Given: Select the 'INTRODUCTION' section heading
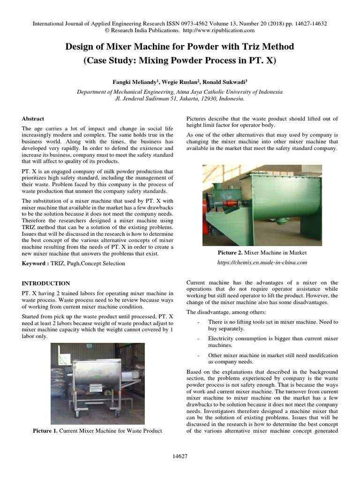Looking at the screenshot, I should [46, 283].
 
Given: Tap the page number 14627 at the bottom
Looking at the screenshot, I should [180, 456].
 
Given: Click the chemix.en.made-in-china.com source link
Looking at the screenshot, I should [262, 262].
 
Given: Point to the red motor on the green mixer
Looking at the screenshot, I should [210, 207].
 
